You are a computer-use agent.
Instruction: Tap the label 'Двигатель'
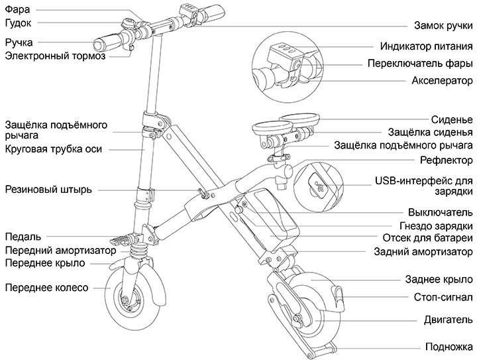click(448, 320)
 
